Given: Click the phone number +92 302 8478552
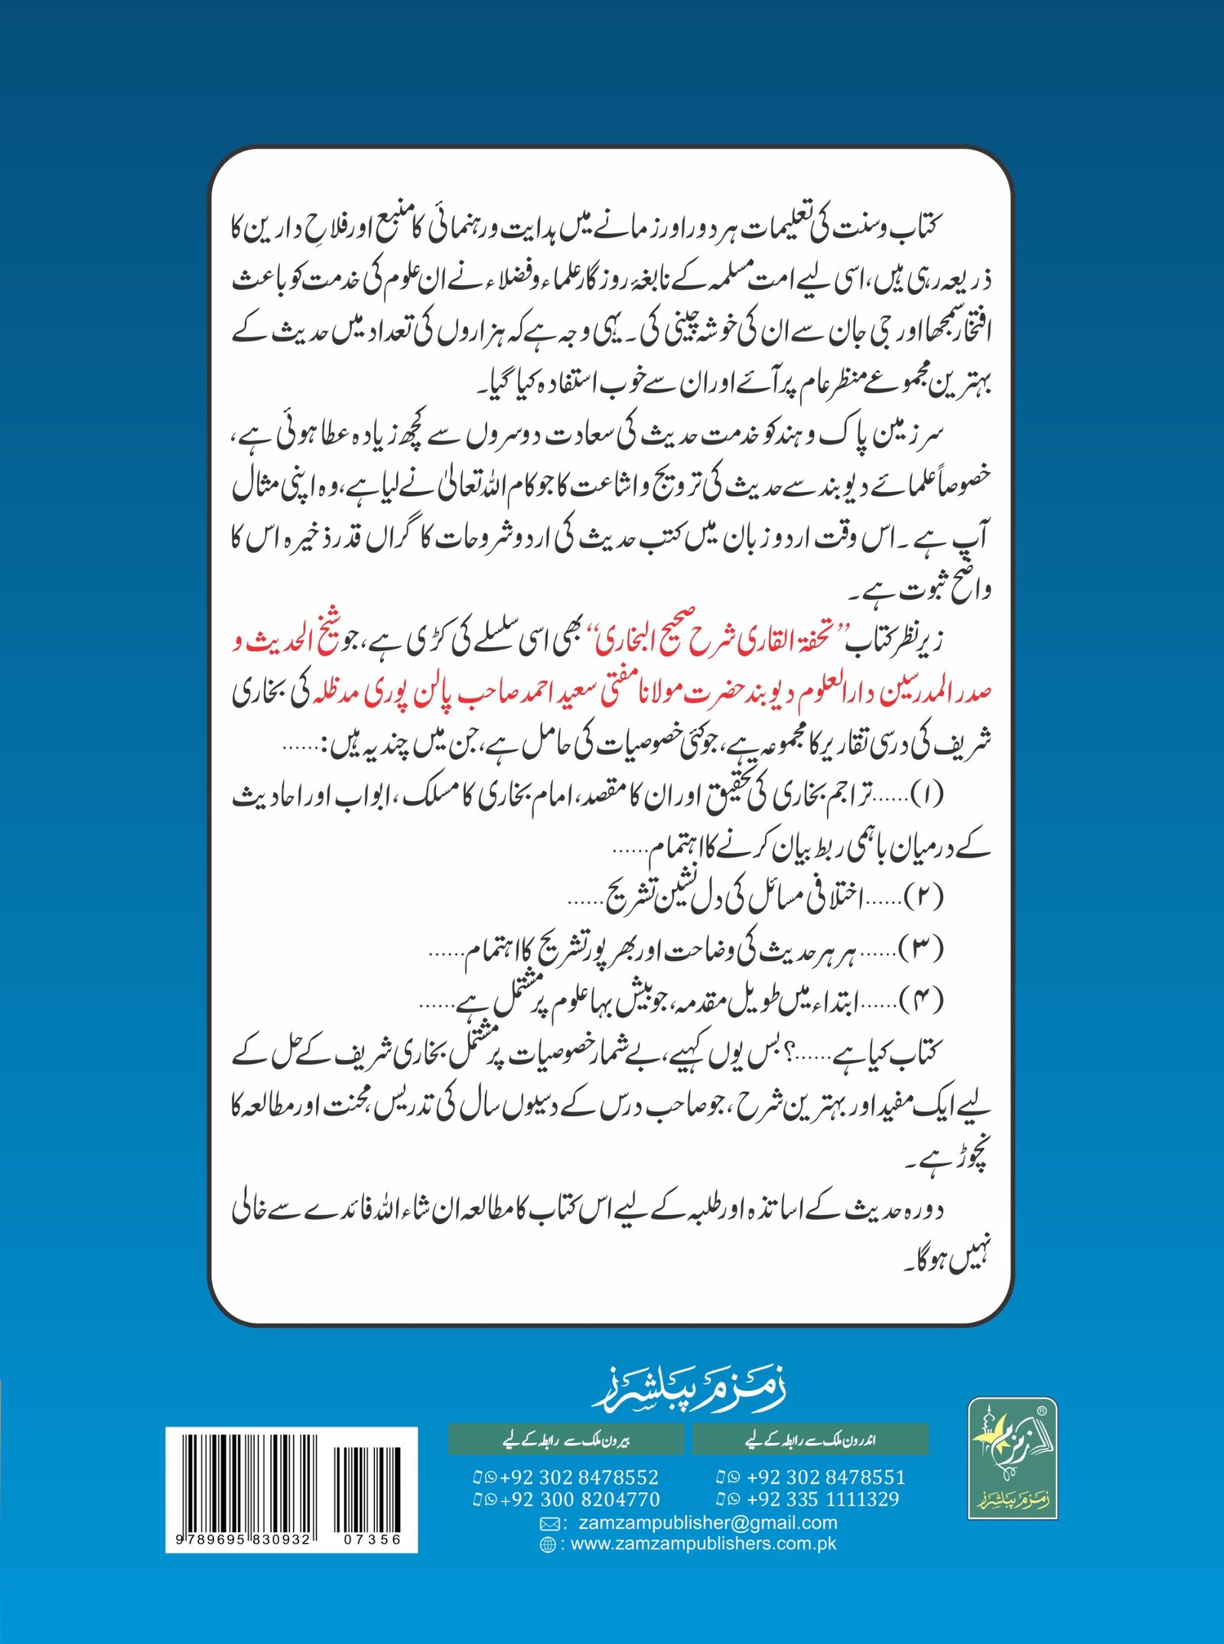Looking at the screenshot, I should [578, 1477].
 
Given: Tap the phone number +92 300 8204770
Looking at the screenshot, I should [579, 1499].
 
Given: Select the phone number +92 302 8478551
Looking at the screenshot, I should [825, 1477].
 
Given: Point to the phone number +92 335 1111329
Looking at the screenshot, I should [822, 1499].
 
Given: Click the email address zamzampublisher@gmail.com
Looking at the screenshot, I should [708, 1522].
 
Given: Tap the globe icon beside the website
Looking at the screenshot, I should [548, 1544].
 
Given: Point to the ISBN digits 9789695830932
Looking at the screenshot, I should [243, 1538].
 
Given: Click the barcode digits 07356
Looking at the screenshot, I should [373, 1538].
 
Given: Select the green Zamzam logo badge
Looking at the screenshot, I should [1012, 1458].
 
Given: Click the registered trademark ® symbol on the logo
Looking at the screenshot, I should [1041, 1409].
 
